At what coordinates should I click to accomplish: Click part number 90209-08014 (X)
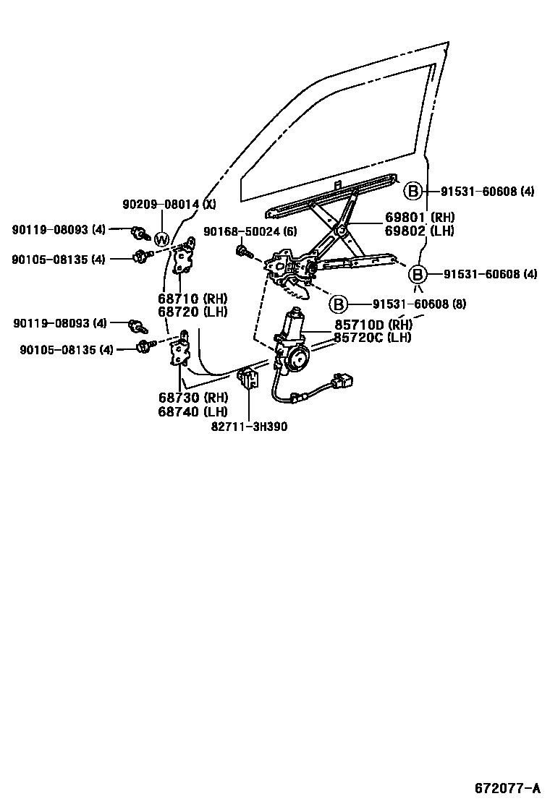[x=169, y=205]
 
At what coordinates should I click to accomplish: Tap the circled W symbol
[x=161, y=240]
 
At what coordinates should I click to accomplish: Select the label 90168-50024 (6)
[x=250, y=231]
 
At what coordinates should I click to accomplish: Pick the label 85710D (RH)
[x=373, y=325]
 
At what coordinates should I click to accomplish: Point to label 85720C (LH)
[x=373, y=338]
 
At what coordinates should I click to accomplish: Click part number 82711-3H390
[x=249, y=427]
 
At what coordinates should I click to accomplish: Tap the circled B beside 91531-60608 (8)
[x=338, y=304]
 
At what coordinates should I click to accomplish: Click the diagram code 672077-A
[x=507, y=787]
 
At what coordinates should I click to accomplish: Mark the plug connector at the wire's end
[x=344, y=380]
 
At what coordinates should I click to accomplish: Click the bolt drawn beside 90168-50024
[x=242, y=251]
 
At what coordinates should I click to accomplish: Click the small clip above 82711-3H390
[x=248, y=377]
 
